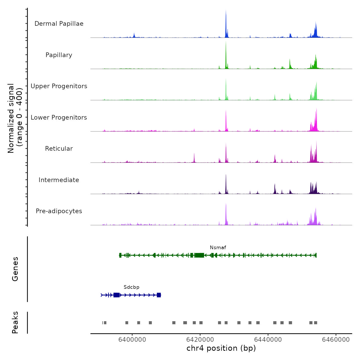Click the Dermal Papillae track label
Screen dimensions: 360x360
click(x=59, y=24)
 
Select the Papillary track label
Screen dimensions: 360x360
click(x=59, y=55)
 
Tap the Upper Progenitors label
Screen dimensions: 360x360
click(x=59, y=86)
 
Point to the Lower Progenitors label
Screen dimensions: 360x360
click(x=59, y=118)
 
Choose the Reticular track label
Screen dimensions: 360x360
click(x=59, y=149)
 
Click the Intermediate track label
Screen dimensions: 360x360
click(x=59, y=180)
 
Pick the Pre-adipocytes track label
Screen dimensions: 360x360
click(x=59, y=211)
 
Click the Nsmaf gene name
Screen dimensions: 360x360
click(x=218, y=248)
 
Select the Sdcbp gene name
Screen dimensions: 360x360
click(x=131, y=287)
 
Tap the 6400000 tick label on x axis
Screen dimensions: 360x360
click(x=132, y=339)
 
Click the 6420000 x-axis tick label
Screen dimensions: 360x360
click(x=200, y=339)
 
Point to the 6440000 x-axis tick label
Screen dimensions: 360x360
click(x=268, y=339)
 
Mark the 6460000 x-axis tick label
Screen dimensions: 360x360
click(x=336, y=339)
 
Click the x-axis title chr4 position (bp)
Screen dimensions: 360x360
click(x=221, y=348)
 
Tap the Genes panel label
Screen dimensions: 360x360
click(x=15, y=269)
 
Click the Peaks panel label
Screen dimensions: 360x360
click(x=15, y=322)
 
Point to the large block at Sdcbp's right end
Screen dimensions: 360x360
click(x=159, y=295)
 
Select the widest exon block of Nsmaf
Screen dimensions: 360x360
click(x=199, y=255)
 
